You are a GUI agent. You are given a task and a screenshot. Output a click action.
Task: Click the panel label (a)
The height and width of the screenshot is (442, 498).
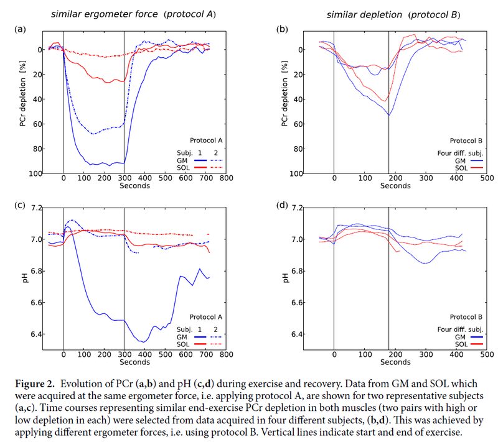(21, 29)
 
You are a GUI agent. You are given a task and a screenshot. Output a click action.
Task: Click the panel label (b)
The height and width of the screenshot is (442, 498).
(282, 29)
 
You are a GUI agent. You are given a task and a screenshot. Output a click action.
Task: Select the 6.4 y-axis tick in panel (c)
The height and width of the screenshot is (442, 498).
(36, 334)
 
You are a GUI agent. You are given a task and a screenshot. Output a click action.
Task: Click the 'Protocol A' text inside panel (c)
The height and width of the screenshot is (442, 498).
(204, 316)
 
